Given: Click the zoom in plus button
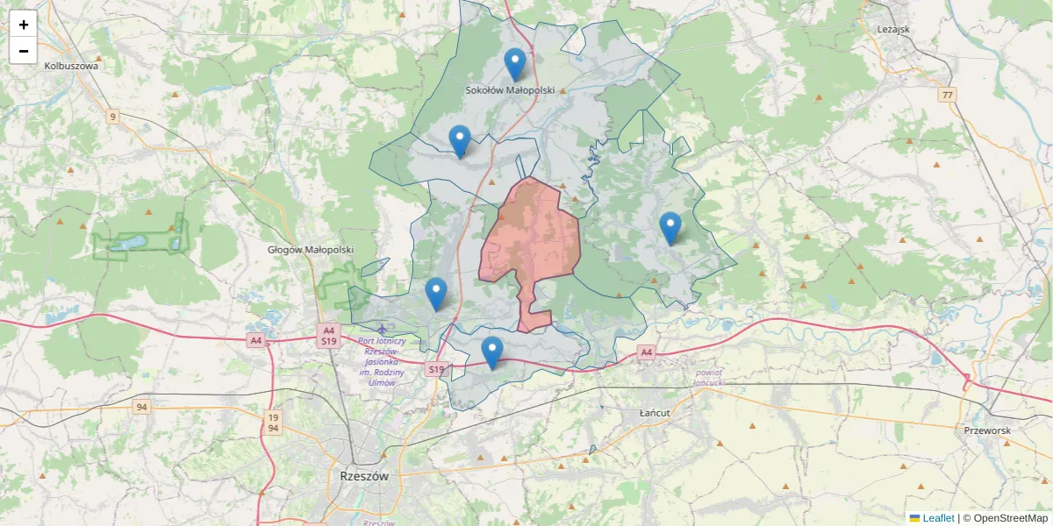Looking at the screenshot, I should [24, 25].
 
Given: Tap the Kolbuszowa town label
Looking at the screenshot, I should [73, 65].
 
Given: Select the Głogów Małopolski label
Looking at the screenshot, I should [311, 250].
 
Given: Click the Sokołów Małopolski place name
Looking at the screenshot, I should [510, 90].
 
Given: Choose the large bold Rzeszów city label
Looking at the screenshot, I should [363, 476].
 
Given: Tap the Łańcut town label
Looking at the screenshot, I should [655, 412].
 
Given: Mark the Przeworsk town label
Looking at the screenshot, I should [987, 430].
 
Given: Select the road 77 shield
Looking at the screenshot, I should [946, 95].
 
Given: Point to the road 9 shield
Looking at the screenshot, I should [112, 116].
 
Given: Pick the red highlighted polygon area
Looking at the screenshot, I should [532, 237].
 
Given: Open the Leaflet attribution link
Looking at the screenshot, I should [938, 518].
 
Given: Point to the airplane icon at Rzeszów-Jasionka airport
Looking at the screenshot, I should [382, 329].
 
